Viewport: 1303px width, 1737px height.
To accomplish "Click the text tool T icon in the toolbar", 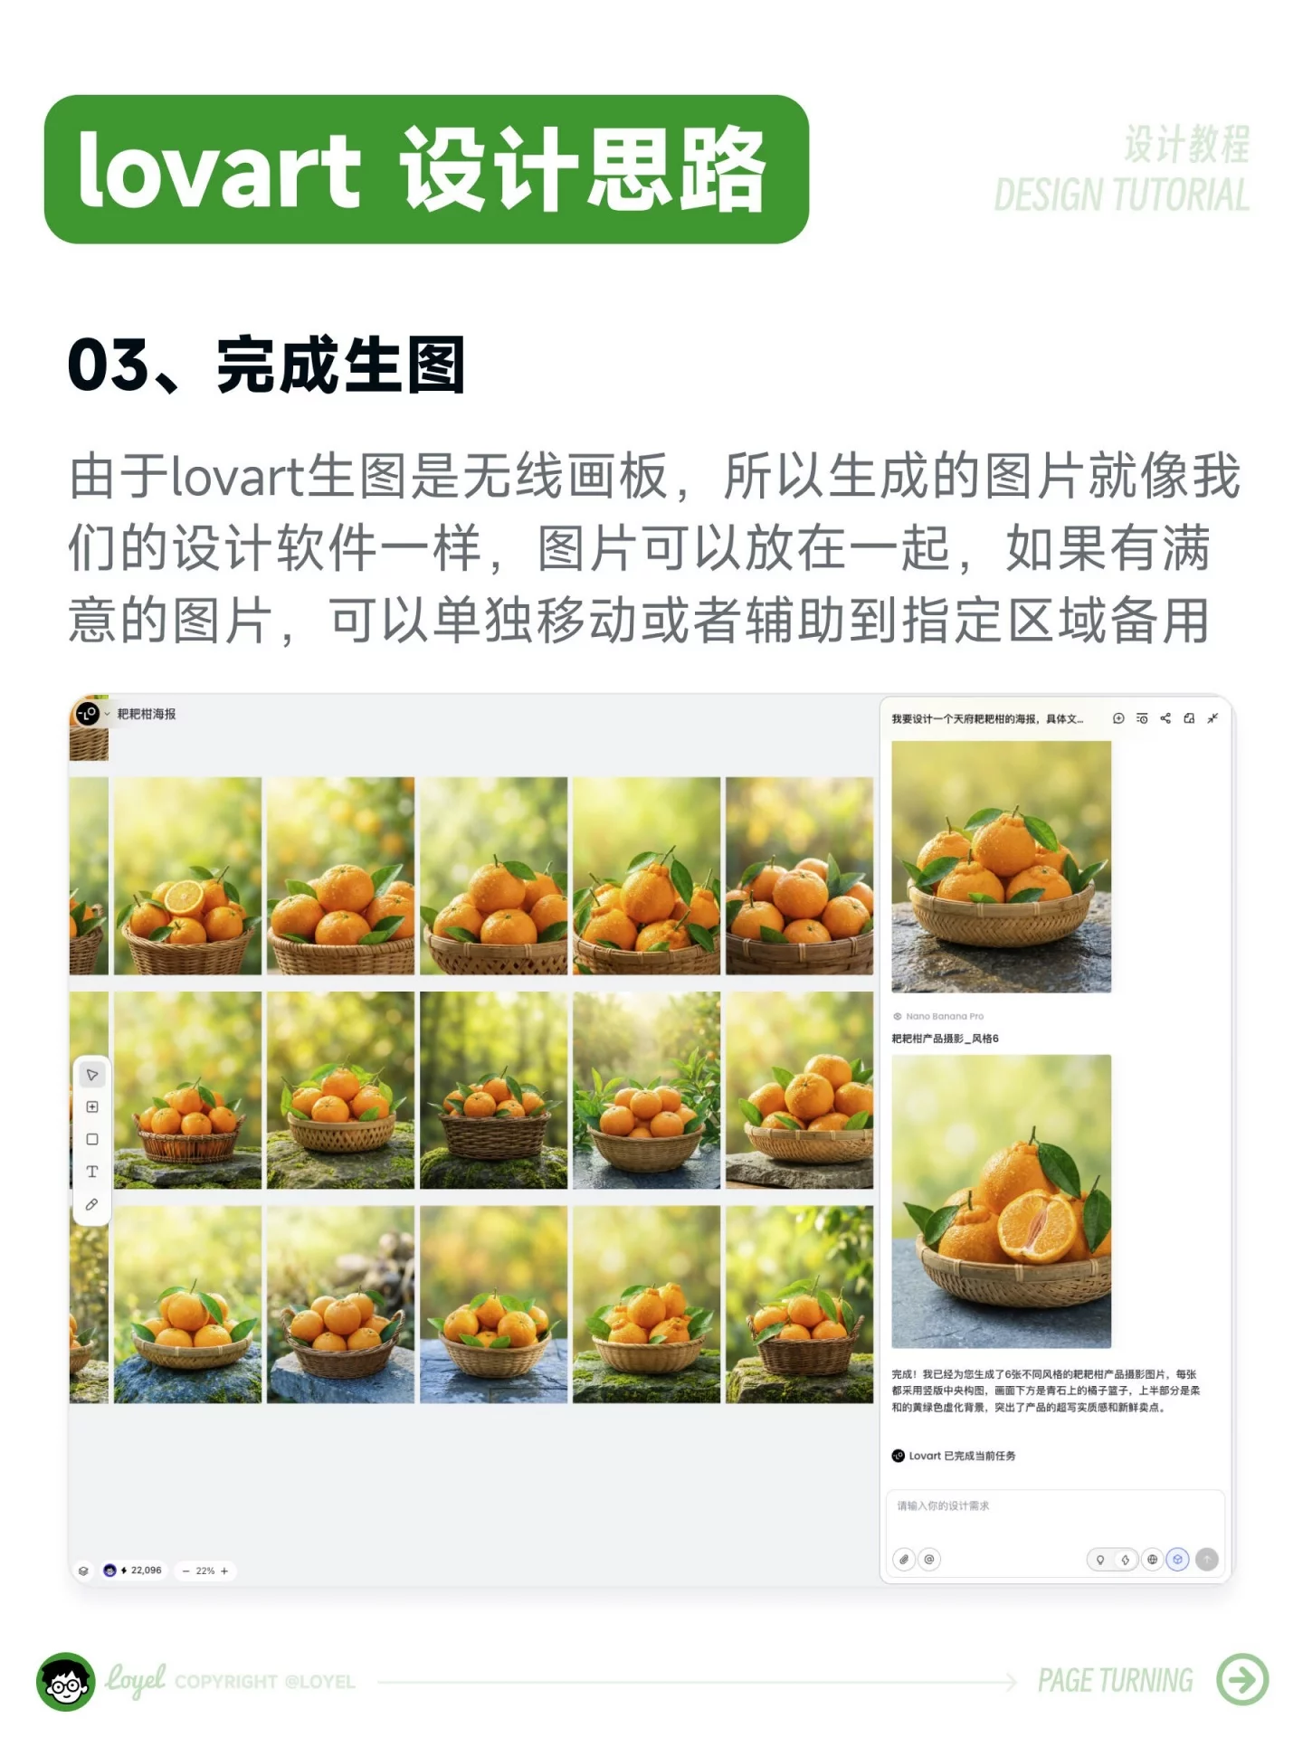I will click(x=91, y=1172).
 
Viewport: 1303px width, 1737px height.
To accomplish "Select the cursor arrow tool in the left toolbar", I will click(x=91, y=1075).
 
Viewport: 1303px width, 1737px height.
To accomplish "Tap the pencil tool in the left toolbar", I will click(x=91, y=1204).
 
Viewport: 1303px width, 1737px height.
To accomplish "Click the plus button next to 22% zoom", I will click(x=224, y=1571).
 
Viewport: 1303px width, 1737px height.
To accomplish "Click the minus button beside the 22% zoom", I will click(x=186, y=1571).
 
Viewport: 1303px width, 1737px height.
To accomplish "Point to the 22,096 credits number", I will click(x=146, y=1570).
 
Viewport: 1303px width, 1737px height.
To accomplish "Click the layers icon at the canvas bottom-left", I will click(x=83, y=1571).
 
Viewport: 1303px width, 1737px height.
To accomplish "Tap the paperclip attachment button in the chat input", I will click(x=904, y=1559).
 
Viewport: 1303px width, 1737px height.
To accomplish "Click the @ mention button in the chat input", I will click(x=929, y=1559).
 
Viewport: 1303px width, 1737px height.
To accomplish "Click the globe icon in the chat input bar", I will click(x=1152, y=1559).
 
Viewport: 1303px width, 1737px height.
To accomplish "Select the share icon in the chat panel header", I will click(x=1165, y=718).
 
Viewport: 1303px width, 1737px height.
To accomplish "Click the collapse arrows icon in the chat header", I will click(x=1213, y=718).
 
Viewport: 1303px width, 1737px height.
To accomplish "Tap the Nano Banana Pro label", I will click(x=944, y=1016).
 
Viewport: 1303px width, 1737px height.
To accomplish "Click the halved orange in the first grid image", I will click(x=184, y=897).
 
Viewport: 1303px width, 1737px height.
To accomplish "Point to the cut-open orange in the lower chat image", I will click(x=1037, y=1226).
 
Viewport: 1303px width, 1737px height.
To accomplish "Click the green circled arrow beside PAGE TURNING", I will click(x=1242, y=1679).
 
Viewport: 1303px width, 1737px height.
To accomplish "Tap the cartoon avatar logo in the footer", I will click(x=65, y=1681).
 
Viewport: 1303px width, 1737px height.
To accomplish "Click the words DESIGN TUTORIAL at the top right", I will click(x=1121, y=195).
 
